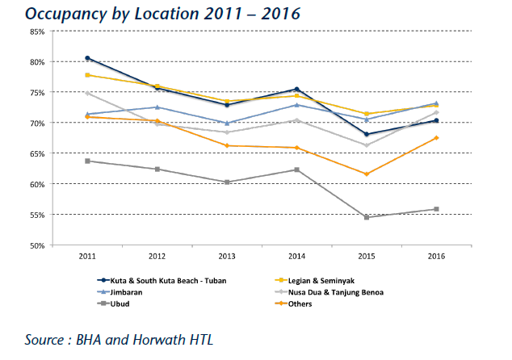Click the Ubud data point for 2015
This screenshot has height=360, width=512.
pos(367,217)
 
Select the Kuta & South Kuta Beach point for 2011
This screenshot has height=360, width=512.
pos(87,58)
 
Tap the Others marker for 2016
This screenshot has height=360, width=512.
pos(436,138)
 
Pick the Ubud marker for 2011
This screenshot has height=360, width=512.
pos(87,161)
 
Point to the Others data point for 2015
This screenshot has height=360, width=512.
pos(367,174)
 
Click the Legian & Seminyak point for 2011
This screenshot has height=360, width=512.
pos(87,75)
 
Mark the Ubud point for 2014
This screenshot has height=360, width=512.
pos(296,170)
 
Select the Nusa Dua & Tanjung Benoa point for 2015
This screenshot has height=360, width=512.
pos(367,145)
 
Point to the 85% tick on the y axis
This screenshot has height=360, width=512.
pos(37,31)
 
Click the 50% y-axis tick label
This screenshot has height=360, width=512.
pos(37,245)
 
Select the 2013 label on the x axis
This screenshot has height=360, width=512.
pos(227,256)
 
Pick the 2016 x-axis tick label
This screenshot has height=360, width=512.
pos(436,256)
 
